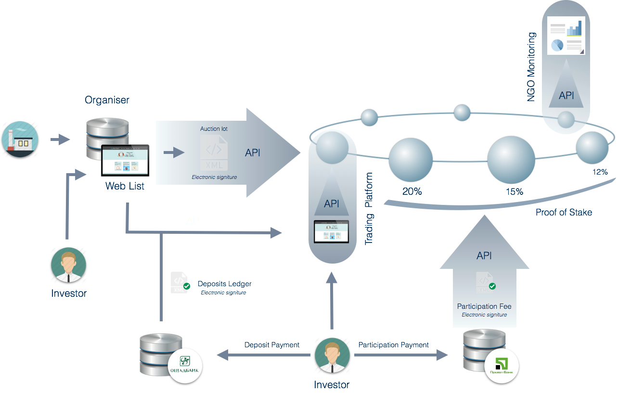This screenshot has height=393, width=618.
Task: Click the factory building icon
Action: tap(20, 138)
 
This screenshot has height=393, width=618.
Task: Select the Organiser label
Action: tap(107, 100)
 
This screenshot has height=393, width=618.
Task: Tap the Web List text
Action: tap(125, 186)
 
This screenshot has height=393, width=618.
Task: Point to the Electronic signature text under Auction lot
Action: tap(214, 177)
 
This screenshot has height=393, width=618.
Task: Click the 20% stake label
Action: tap(412, 191)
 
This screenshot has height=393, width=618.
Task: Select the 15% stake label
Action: tap(514, 191)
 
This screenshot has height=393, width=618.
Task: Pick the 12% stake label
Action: tap(600, 172)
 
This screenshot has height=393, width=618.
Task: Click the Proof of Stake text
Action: tap(564, 212)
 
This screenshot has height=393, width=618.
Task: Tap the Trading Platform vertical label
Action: tap(369, 209)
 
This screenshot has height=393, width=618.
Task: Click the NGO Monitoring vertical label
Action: tap(531, 67)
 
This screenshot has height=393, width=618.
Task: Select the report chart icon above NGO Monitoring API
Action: tap(566, 36)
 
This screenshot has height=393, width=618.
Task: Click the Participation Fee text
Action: tap(484, 306)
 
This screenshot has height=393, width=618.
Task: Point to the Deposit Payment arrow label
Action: tap(272, 345)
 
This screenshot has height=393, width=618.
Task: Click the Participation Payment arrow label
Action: tap(393, 345)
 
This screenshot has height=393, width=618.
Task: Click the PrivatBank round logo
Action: tap(501, 366)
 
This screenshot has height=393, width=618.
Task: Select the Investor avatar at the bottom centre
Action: tap(332, 355)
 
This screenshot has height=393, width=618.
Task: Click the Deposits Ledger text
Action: tap(225, 284)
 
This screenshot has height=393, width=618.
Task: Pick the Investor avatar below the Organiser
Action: tap(69, 265)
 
